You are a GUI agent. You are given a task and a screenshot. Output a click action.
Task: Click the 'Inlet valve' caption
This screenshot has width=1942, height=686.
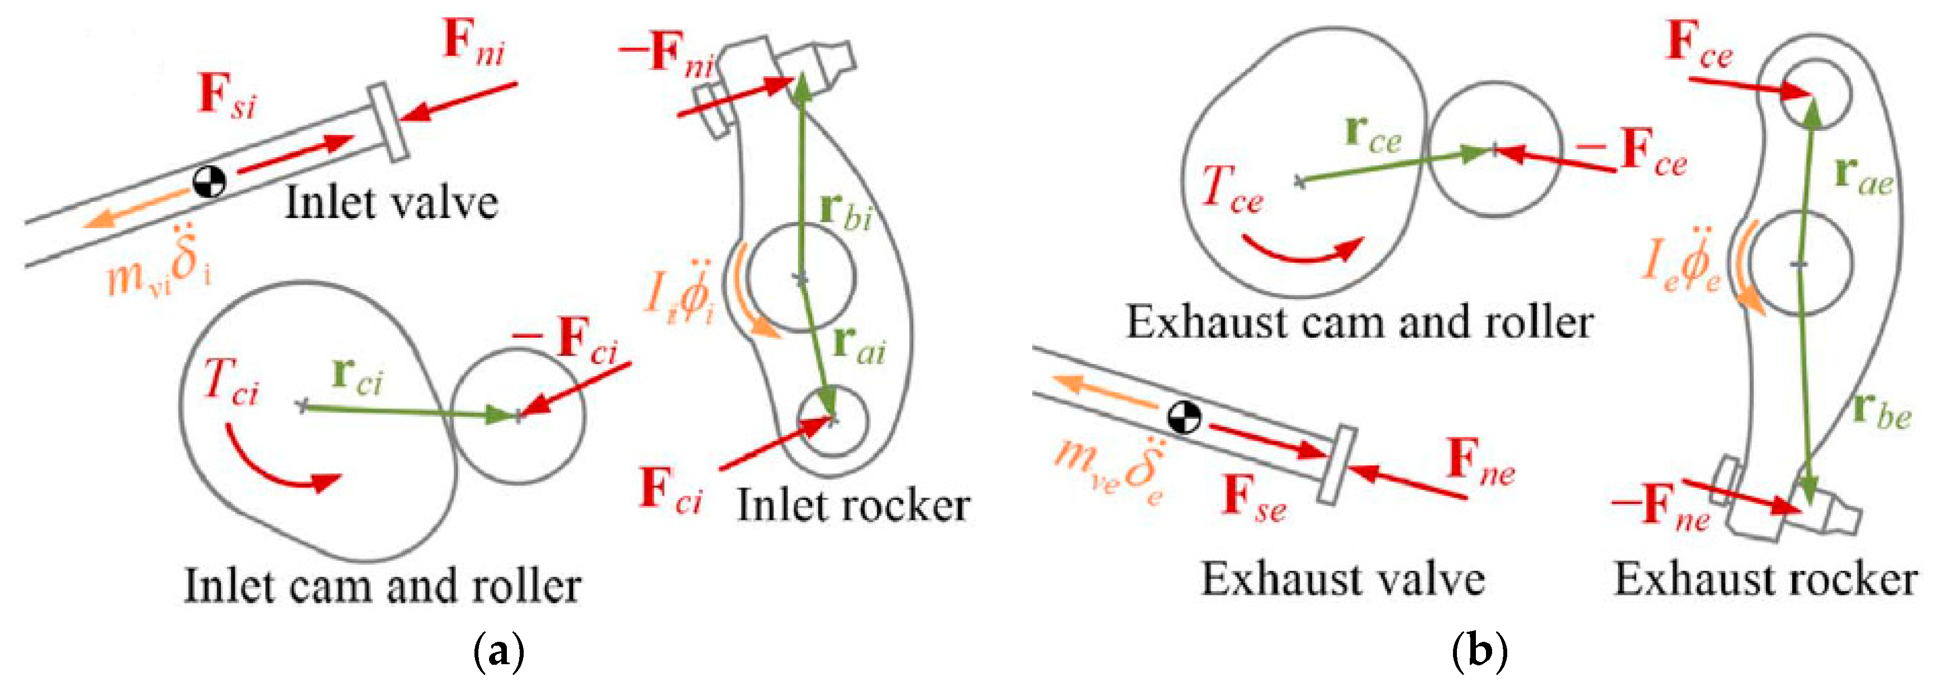[391, 204]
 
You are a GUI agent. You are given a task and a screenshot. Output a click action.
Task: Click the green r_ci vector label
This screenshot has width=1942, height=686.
[357, 376]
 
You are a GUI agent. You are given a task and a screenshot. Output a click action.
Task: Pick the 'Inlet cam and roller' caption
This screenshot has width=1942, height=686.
[382, 586]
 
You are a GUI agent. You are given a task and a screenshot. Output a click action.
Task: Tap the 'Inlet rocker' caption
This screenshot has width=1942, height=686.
[853, 505]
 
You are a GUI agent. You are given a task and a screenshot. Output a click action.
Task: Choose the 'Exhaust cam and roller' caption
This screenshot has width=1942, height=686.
[1359, 323]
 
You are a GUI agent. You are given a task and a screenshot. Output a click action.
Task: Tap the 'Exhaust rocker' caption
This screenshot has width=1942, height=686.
[1765, 580]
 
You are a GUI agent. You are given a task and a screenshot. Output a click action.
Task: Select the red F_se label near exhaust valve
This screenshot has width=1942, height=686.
[1253, 500]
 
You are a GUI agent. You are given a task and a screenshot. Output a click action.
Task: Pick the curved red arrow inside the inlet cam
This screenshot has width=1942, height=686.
[279, 467]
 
